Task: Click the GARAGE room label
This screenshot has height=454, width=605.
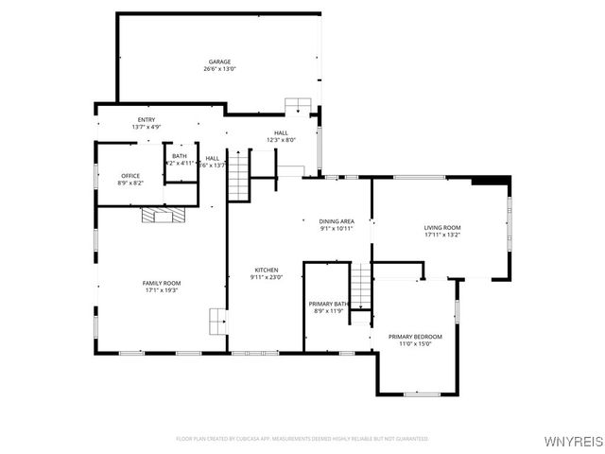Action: pos(219,61)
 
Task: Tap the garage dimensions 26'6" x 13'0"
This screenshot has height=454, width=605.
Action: pos(219,69)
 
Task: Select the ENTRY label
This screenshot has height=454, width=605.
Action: pos(147,119)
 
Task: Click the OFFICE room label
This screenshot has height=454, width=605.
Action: pos(130,176)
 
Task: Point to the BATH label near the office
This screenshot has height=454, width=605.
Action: pos(180,156)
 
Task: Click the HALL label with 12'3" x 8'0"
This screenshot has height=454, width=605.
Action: pos(281,133)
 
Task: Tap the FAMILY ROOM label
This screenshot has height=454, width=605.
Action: pos(162,283)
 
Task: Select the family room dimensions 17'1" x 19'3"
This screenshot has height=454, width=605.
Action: pos(162,290)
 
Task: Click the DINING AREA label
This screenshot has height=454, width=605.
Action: pos(337,221)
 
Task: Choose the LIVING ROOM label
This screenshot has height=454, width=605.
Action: pos(441,228)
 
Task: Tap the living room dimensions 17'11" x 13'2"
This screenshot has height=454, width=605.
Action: pos(441,236)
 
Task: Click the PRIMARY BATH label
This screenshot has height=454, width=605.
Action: pos(329,304)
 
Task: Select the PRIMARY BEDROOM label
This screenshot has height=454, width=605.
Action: pos(415,337)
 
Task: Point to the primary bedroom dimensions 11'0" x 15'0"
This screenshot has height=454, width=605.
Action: pos(415,344)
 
